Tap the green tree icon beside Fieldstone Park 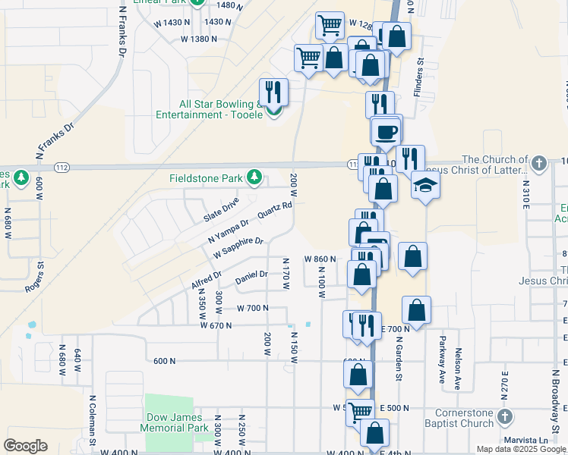pyautogui.click(x=255, y=179)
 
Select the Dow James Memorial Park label pyautogui.click(x=174, y=422)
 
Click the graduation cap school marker pyautogui.click(x=425, y=184)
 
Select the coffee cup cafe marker pyautogui.click(x=386, y=130)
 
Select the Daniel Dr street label pyautogui.click(x=251, y=278)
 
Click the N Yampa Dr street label pyautogui.click(x=229, y=231)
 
